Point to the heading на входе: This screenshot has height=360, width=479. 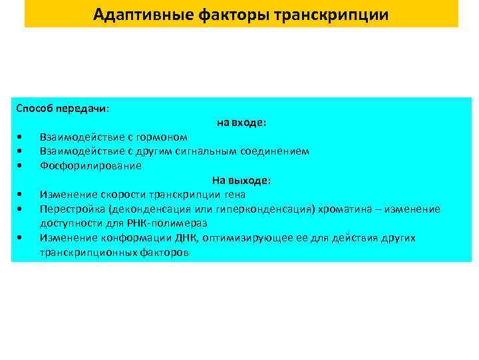[241, 123]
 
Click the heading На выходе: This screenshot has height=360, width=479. [241, 180]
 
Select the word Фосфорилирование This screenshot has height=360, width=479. [90, 165]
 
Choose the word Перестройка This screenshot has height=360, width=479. [71, 209]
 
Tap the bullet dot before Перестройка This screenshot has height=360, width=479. [21, 209]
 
